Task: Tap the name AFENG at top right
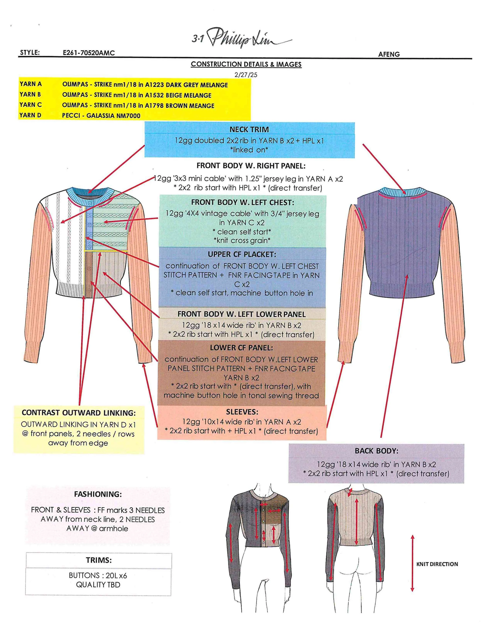click(x=389, y=54)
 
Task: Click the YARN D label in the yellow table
click(x=30, y=115)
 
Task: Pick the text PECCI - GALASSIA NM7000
click(x=101, y=116)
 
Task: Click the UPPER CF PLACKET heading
click(x=242, y=254)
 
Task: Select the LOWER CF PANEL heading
click(x=241, y=348)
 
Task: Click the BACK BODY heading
click(x=376, y=451)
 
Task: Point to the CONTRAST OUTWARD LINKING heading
click(x=79, y=413)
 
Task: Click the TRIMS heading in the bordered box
click(x=99, y=560)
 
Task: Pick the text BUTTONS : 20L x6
click(x=98, y=575)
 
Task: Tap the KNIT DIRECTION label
click(x=437, y=564)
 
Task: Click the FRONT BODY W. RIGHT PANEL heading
click(x=251, y=166)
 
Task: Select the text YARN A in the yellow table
click(x=31, y=84)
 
